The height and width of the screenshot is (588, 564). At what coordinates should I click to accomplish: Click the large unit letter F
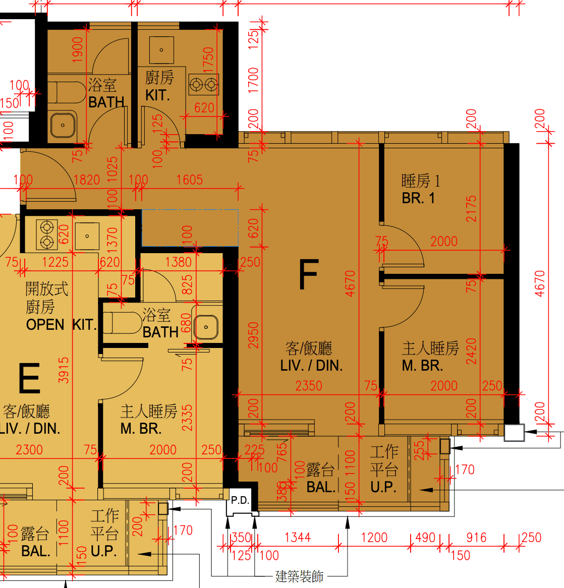click(308, 274)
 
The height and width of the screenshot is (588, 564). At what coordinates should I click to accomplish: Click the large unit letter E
click(29, 378)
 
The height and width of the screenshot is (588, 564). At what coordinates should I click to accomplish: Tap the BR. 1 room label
click(418, 198)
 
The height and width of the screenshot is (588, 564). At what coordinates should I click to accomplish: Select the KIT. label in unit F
click(157, 96)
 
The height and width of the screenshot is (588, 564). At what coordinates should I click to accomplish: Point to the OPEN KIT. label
click(61, 325)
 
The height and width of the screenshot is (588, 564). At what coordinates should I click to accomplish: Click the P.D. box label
click(240, 500)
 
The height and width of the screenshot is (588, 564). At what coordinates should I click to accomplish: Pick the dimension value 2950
click(254, 335)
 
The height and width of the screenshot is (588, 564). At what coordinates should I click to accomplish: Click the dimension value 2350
click(308, 386)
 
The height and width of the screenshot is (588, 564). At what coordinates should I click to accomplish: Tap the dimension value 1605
click(190, 180)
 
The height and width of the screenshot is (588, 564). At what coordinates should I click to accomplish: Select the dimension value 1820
click(87, 180)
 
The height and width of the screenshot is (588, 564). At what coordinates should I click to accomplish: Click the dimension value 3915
click(64, 370)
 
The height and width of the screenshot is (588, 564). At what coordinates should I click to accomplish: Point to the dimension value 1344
click(298, 538)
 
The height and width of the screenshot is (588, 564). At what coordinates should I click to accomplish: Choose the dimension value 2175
click(471, 208)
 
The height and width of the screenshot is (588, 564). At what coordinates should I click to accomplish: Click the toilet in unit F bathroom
click(67, 92)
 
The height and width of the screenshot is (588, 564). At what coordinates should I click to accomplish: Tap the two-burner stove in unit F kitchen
click(203, 85)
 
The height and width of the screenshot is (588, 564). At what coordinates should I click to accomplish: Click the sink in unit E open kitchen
click(87, 236)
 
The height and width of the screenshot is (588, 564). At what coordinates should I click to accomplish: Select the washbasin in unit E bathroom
click(206, 327)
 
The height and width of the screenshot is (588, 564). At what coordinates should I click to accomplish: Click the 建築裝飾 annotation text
click(299, 576)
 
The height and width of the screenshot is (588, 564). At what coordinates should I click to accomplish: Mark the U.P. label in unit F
click(383, 487)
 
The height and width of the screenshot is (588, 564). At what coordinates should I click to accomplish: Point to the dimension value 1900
click(77, 49)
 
